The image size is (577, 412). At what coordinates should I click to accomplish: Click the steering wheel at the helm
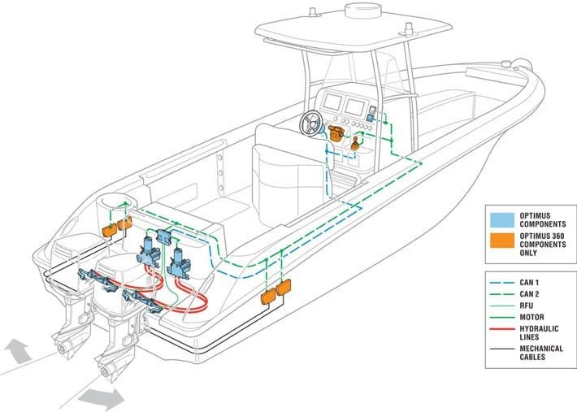(312, 124)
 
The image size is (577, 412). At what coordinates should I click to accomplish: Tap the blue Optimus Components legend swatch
(502, 220)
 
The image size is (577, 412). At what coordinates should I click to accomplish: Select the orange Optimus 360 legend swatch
(502, 241)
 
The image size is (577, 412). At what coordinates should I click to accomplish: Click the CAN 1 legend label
(529, 283)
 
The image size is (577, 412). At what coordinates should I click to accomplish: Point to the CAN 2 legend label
(529, 294)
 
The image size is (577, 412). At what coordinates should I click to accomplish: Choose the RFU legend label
(527, 306)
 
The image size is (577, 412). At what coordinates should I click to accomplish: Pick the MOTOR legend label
(531, 317)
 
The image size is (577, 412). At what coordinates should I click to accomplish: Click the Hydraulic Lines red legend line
(502, 328)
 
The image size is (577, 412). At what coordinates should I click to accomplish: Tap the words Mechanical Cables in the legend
(541, 353)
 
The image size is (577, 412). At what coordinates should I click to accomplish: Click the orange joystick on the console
(355, 144)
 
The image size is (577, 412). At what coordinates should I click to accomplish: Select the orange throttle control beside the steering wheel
(336, 132)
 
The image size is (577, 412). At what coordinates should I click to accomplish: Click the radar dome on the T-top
(362, 11)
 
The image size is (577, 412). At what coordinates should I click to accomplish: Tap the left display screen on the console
(332, 102)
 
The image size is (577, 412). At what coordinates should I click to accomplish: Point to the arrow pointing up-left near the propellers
(17, 350)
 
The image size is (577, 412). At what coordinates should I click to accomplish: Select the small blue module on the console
(371, 118)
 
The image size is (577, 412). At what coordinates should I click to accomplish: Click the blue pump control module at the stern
(163, 236)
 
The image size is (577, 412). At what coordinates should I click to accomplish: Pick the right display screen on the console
(355, 107)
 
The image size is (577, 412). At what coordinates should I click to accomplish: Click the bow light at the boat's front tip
(506, 64)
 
